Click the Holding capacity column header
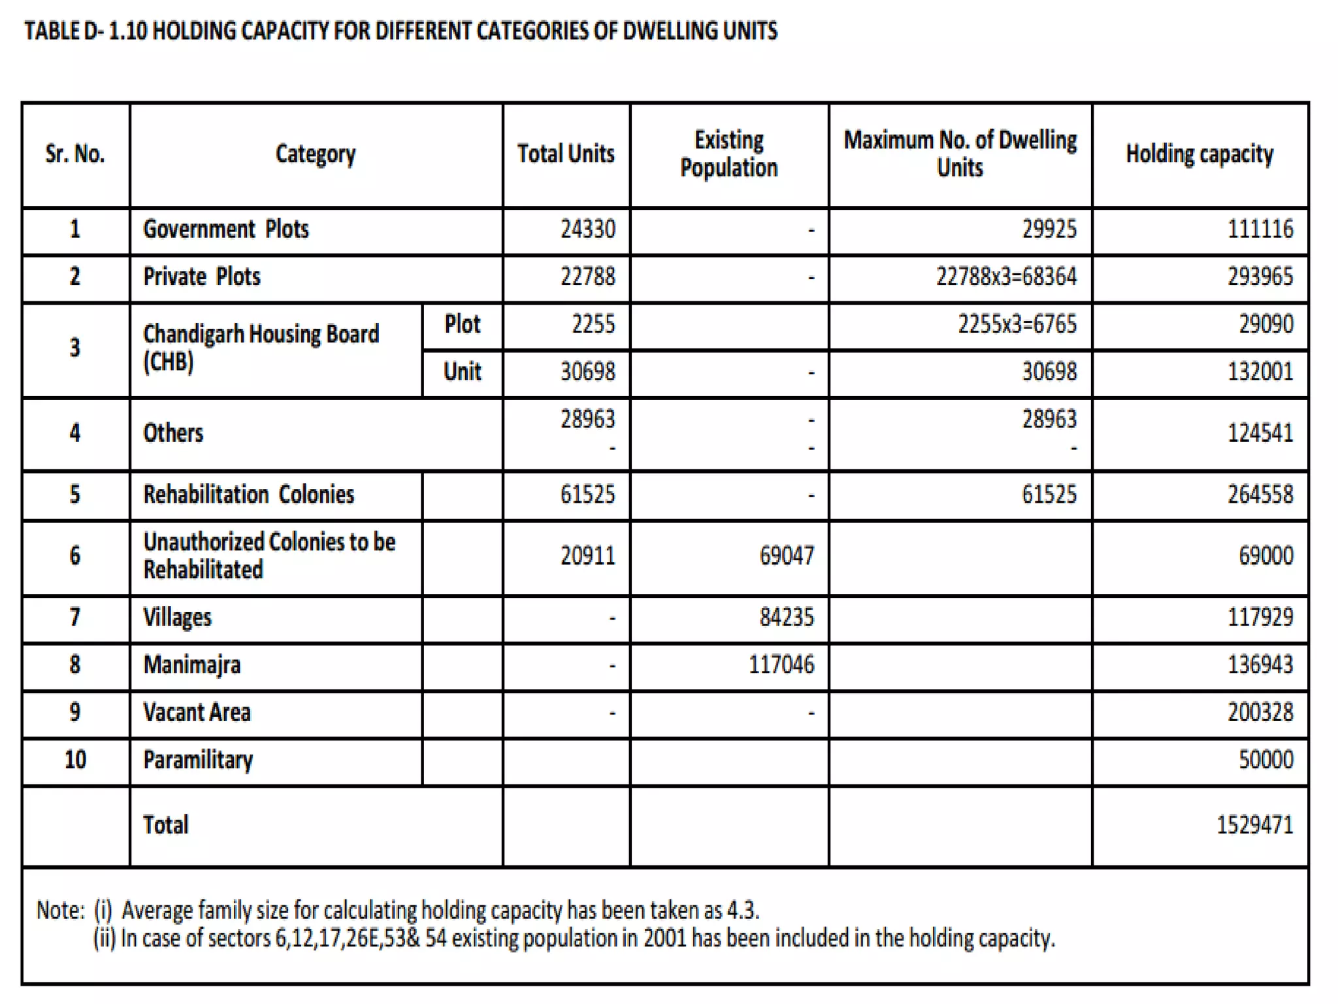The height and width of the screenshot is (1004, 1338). click(1199, 154)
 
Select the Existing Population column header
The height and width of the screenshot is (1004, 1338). click(728, 154)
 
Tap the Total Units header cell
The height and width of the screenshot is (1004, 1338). click(566, 154)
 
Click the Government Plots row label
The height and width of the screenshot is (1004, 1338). click(226, 229)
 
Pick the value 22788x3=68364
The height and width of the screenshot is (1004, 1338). click(1006, 276)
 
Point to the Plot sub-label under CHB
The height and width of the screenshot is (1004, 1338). click(462, 324)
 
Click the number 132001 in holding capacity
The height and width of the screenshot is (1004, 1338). click(1260, 372)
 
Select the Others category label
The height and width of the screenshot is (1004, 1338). click(173, 433)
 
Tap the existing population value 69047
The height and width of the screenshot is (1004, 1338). click(787, 556)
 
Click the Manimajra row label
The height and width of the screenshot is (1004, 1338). click(192, 665)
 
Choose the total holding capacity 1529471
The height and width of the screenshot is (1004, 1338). click(1254, 825)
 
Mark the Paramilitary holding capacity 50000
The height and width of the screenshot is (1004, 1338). click(1265, 760)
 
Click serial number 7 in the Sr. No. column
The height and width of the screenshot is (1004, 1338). click(75, 617)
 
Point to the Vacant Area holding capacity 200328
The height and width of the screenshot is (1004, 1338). click(1260, 712)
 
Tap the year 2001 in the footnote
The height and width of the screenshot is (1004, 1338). click(664, 938)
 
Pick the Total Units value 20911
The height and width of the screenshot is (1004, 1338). click(587, 556)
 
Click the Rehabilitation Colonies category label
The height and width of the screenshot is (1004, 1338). click(249, 495)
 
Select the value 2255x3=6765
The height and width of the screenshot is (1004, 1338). click(1017, 324)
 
